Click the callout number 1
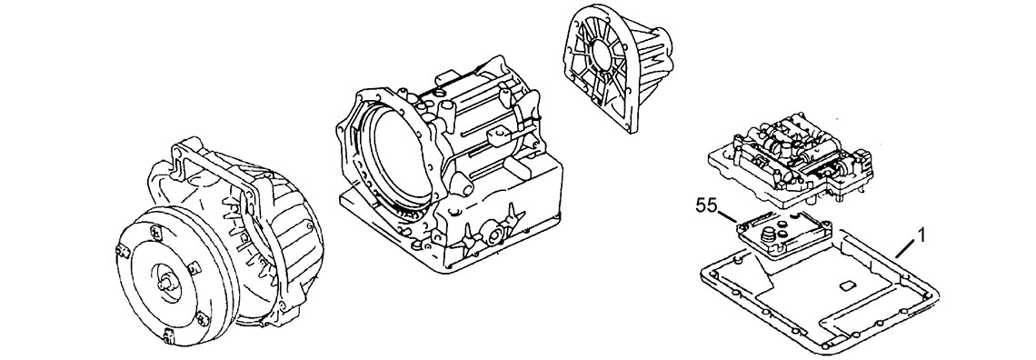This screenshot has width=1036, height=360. point(921,235)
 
